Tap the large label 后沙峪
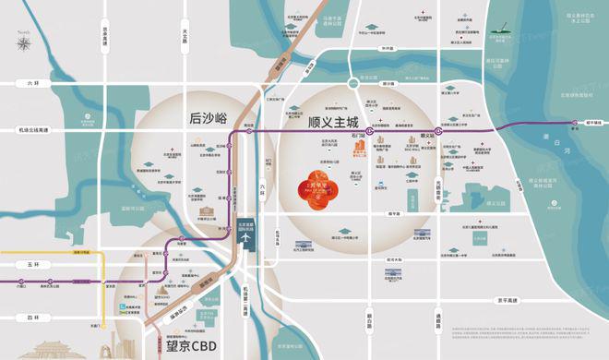208,117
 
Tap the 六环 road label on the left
34,83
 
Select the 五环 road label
34,263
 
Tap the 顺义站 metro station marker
439,132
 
